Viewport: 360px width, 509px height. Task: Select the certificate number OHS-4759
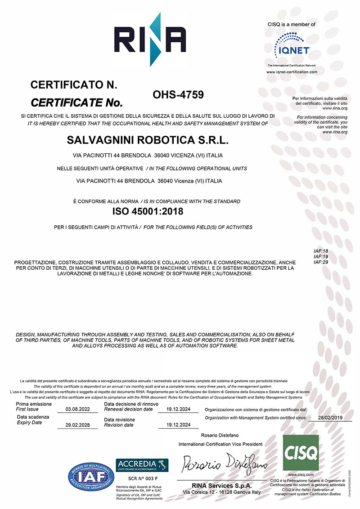[x=179, y=95]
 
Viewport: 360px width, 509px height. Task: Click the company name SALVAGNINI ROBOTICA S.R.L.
[x=148, y=140]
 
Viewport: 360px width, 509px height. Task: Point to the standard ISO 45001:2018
[x=148, y=210]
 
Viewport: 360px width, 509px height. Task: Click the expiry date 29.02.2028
[x=77, y=425]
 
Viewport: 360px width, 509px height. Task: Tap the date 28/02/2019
[x=330, y=418]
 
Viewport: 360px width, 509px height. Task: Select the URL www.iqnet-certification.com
[x=292, y=72]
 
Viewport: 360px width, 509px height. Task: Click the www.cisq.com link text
[x=301, y=474]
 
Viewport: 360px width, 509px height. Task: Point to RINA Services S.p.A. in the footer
[x=221, y=486]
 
